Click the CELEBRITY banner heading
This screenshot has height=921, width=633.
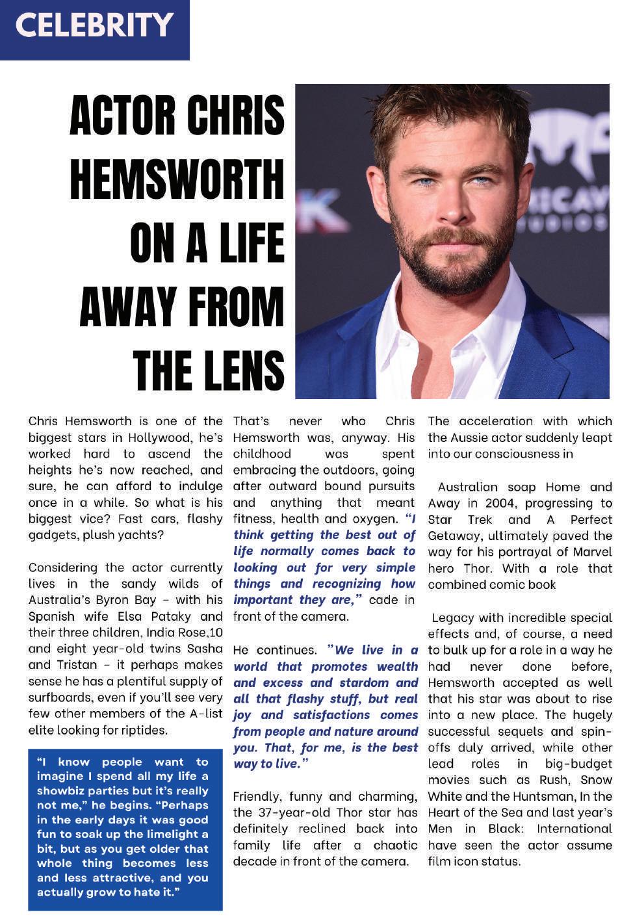(x=94, y=26)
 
